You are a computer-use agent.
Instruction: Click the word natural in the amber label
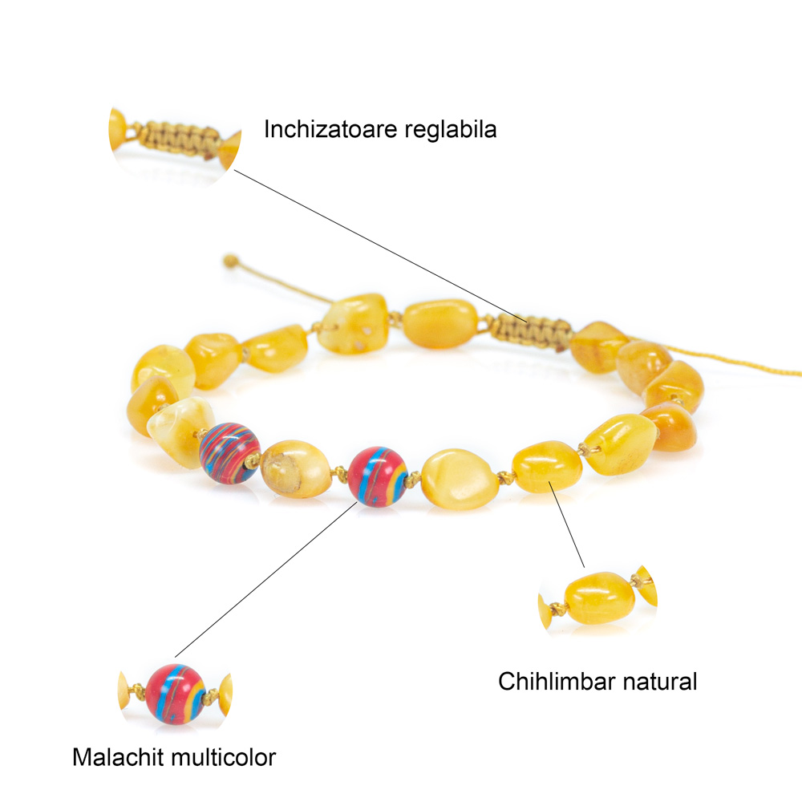pyautogui.click(x=660, y=682)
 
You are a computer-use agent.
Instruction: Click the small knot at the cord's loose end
pyautogui.click(x=231, y=261)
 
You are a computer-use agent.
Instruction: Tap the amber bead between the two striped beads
pyautogui.click(x=296, y=468)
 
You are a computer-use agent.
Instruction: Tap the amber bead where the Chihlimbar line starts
pyautogui.click(x=547, y=467)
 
